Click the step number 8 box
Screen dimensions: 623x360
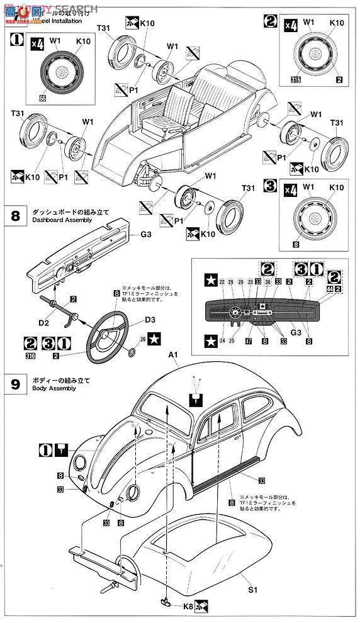pos(14,216)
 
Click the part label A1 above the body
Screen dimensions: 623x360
pos(173,356)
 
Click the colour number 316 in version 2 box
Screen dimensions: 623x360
pos(296,80)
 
